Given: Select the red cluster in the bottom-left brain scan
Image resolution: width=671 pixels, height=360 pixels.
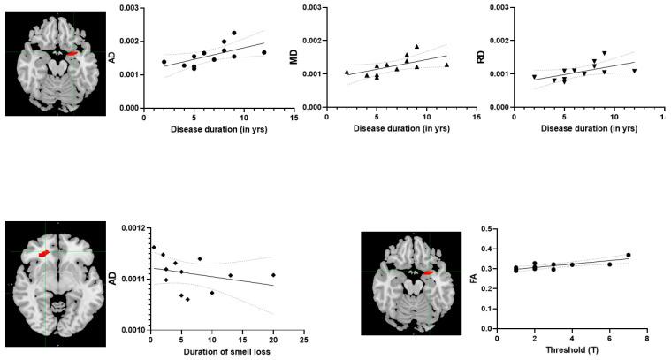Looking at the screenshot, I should coord(43,254).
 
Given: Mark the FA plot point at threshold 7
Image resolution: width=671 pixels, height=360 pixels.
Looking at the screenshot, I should coord(629,255).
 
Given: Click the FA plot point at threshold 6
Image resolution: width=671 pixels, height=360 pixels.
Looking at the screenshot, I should coord(609,264).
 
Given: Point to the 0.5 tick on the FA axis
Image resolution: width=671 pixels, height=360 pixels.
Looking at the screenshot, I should coord(487,229).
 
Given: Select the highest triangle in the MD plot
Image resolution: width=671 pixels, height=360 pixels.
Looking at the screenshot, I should coord(416,47).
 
